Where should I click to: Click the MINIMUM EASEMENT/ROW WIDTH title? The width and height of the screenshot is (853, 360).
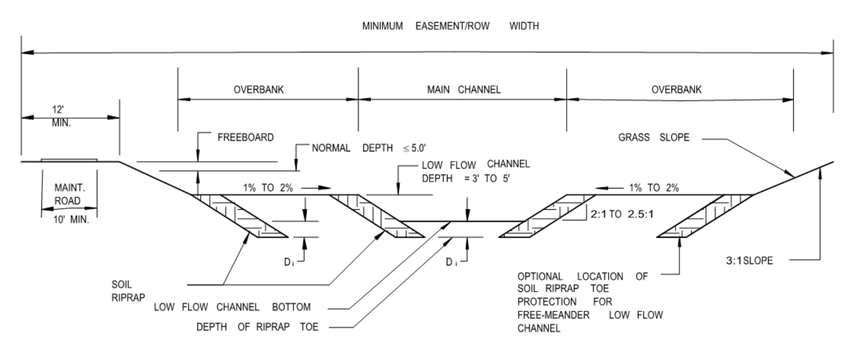[450, 26]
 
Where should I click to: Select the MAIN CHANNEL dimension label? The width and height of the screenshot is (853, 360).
[463, 89]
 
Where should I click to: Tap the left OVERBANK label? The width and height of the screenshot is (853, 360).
[259, 89]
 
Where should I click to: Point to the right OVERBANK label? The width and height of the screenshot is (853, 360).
[676, 89]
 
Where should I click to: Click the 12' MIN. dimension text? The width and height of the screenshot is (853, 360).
[61, 117]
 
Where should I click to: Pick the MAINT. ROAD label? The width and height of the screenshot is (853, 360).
[68, 194]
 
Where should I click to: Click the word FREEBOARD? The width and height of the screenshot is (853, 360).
[245, 138]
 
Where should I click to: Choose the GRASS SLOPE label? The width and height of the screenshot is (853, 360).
[654, 138]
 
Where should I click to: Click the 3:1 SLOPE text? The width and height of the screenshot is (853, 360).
[749, 260]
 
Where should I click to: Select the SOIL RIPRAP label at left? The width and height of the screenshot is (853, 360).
[121, 291]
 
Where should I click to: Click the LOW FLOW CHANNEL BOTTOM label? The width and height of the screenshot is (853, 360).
[232, 307]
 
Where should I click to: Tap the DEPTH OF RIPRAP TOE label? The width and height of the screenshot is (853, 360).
[257, 327]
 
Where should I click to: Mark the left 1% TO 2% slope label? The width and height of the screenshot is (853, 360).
[268, 188]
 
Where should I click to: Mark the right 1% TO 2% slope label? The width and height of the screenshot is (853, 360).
[654, 188]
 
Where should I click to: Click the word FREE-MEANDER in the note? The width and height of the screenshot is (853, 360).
[553, 315]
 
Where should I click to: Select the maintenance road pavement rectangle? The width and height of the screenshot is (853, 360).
[69, 160]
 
